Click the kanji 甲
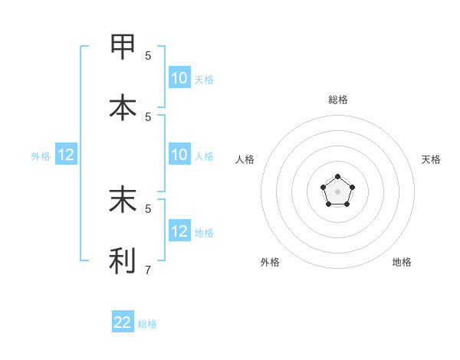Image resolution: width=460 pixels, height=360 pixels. (123, 47)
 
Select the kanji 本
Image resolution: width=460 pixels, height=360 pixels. (123, 107)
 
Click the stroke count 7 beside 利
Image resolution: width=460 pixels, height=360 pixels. (148, 270)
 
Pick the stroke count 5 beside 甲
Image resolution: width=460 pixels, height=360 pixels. (148, 55)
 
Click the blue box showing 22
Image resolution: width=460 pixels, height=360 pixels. (123, 322)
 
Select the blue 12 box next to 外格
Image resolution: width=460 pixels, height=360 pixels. (66, 155)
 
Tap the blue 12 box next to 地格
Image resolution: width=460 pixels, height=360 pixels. (179, 231)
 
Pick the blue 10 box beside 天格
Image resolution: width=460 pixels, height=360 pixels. (179, 78)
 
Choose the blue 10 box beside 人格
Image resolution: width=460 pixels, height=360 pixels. (179, 155)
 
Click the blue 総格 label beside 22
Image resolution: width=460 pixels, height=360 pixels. (147, 324)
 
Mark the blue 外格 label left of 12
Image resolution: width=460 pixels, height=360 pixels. (41, 156)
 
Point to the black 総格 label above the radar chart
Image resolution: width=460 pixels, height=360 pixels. (337, 100)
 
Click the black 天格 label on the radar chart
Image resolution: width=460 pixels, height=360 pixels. (431, 159)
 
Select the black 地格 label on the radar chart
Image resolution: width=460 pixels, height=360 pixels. (402, 262)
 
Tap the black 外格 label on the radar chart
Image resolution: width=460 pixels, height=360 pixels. (270, 262)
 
